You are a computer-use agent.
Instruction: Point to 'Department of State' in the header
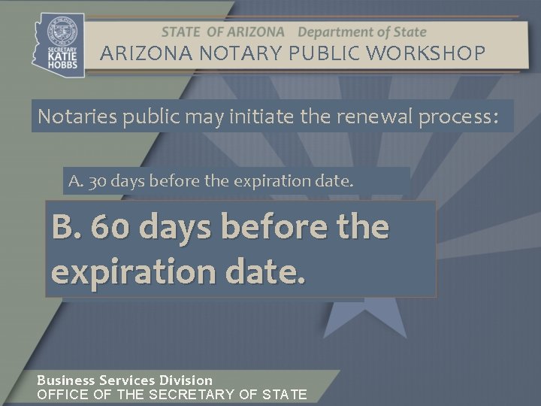click(x=362, y=32)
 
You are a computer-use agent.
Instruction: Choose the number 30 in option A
click(x=97, y=181)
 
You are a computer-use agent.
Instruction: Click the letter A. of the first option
click(x=75, y=181)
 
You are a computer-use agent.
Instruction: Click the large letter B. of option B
click(x=67, y=227)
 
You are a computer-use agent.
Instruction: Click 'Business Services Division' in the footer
click(x=125, y=380)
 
